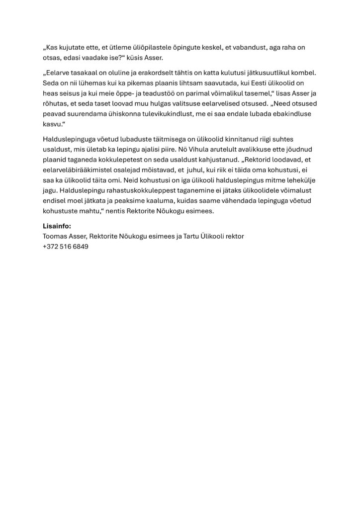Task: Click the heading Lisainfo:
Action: tap(57, 226)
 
